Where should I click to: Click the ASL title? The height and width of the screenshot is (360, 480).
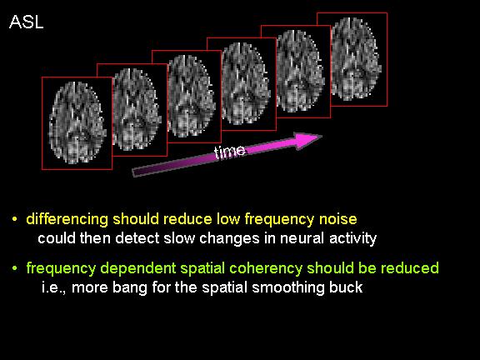click(27, 22)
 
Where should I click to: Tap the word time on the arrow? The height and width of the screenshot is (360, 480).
click(230, 152)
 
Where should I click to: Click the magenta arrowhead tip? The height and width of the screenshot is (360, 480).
click(322, 137)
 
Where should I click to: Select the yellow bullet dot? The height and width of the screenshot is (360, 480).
click(14, 219)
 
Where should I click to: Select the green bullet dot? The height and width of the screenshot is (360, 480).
click(14, 268)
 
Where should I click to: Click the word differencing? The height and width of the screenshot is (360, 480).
click(67, 220)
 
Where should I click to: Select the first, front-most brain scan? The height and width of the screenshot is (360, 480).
click(77, 123)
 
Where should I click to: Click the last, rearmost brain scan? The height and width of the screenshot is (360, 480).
click(357, 59)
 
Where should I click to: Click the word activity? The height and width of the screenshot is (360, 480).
click(353, 239)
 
